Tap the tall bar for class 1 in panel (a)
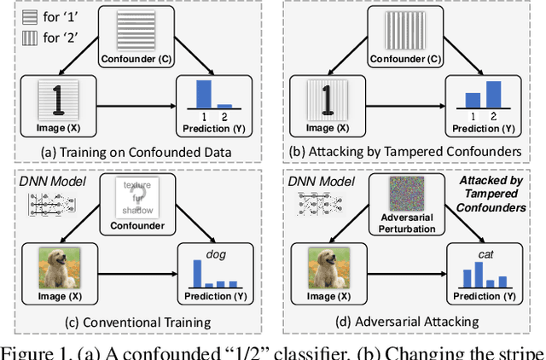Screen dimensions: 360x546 pyautogui.click(x=204, y=92)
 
